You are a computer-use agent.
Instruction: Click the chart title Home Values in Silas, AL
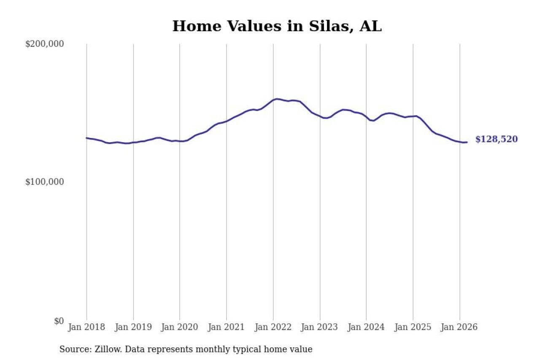[x=277, y=26]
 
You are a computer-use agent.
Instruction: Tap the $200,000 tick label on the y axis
[x=44, y=44]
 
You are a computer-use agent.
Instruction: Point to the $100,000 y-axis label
[x=44, y=182]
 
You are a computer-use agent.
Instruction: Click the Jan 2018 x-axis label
[x=86, y=327]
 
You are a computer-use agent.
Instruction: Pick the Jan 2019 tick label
[x=133, y=327]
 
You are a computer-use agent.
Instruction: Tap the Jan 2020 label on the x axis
[x=180, y=327]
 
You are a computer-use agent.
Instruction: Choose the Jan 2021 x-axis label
[x=227, y=327]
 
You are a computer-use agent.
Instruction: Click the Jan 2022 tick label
[x=273, y=327]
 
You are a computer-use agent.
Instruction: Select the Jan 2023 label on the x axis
[x=320, y=327]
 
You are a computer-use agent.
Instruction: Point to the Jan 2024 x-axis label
[x=366, y=327]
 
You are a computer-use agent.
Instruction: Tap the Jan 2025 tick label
[x=413, y=327]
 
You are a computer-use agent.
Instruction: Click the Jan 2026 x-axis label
[x=459, y=327]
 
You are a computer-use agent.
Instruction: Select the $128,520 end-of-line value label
[x=496, y=139]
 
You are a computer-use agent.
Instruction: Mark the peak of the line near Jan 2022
[x=277, y=99]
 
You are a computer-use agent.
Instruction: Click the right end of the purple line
[x=467, y=142]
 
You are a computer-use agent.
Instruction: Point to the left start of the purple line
[x=86, y=138]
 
